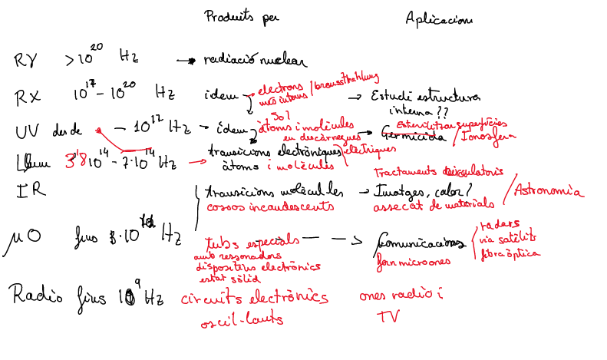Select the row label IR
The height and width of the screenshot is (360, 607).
pos(24,192)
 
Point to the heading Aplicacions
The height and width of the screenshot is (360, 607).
pos(438,20)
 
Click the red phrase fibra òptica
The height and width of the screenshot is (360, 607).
pos(510,252)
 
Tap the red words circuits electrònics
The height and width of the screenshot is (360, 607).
pos(254,297)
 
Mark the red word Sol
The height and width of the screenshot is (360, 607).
pos(280,113)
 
